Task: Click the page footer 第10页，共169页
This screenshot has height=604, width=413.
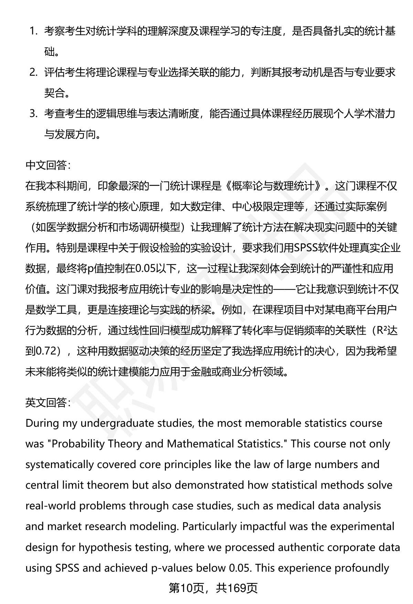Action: [x=213, y=589]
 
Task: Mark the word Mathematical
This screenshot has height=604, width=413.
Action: [x=201, y=444]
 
